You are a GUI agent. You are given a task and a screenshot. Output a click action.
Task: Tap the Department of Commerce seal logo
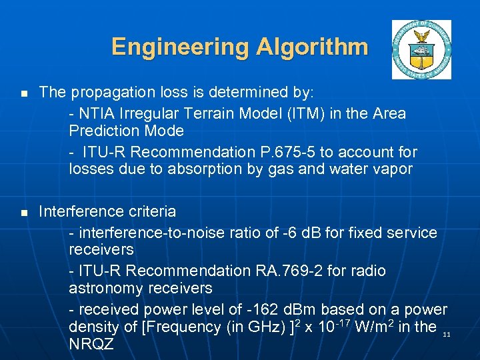421,49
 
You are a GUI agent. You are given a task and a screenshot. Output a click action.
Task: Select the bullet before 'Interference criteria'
23,213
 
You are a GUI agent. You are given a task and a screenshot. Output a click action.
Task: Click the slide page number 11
446,334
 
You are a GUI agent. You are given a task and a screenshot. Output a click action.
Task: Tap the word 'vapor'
393,169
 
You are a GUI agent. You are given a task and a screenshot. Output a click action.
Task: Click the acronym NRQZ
91,345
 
